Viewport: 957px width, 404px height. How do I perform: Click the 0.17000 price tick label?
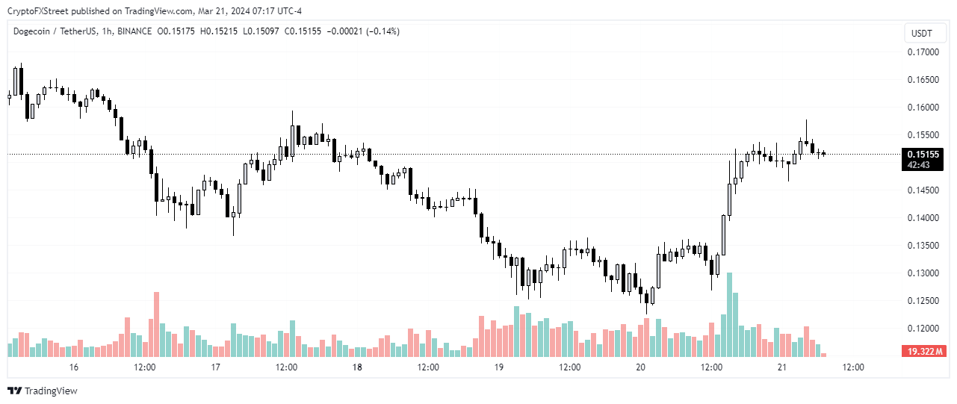(923, 52)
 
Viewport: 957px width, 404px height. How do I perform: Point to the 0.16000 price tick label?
(923, 108)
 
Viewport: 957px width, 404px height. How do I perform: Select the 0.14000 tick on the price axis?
(923, 218)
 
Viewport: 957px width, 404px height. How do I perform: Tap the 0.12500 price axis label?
(923, 301)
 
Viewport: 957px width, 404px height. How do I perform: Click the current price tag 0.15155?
(923, 155)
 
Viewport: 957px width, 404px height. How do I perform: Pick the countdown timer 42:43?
(918, 165)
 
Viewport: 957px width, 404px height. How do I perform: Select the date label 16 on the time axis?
(73, 367)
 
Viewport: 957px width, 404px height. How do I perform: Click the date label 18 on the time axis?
(357, 367)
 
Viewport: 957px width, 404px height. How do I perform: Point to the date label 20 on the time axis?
(640, 367)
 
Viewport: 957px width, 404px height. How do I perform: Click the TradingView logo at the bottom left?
(43, 391)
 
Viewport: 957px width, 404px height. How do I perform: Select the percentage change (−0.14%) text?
(381, 31)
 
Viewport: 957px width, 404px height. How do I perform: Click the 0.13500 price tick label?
(923, 246)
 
